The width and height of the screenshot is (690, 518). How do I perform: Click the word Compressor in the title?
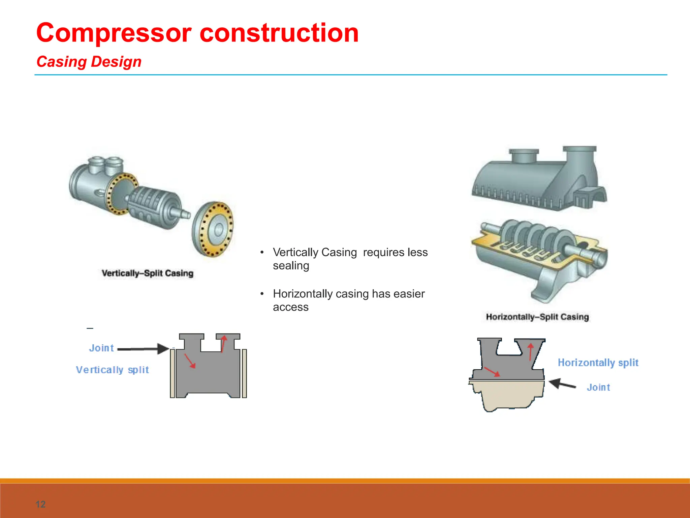pyautogui.click(x=114, y=33)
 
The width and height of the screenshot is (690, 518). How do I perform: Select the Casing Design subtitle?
pyautogui.click(x=89, y=62)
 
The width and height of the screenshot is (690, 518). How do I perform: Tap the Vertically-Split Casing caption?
pyautogui.click(x=148, y=273)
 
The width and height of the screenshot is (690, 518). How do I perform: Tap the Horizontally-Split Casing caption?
pyautogui.click(x=537, y=317)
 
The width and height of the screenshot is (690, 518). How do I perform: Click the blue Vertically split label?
pyautogui.click(x=112, y=370)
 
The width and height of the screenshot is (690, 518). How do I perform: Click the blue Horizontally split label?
pyautogui.click(x=598, y=363)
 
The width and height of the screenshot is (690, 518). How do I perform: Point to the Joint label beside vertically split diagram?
pyautogui.click(x=101, y=348)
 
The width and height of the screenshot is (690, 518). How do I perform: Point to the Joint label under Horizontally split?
pyautogui.click(x=598, y=387)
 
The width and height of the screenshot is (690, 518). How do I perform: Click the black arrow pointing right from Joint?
pyautogui.click(x=143, y=349)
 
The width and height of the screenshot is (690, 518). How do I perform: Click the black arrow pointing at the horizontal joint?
pyautogui.click(x=562, y=384)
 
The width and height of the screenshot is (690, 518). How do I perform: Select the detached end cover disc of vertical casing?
pyautogui.click(x=213, y=229)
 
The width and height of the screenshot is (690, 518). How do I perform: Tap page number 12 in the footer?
pyautogui.click(x=40, y=504)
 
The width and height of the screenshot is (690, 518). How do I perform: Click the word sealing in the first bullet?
pyautogui.click(x=291, y=266)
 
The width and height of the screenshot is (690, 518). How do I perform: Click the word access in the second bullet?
pyautogui.click(x=290, y=307)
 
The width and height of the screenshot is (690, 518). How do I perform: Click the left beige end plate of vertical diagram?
pyautogui.click(x=172, y=373)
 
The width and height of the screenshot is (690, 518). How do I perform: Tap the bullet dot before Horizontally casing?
pyautogui.click(x=262, y=294)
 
